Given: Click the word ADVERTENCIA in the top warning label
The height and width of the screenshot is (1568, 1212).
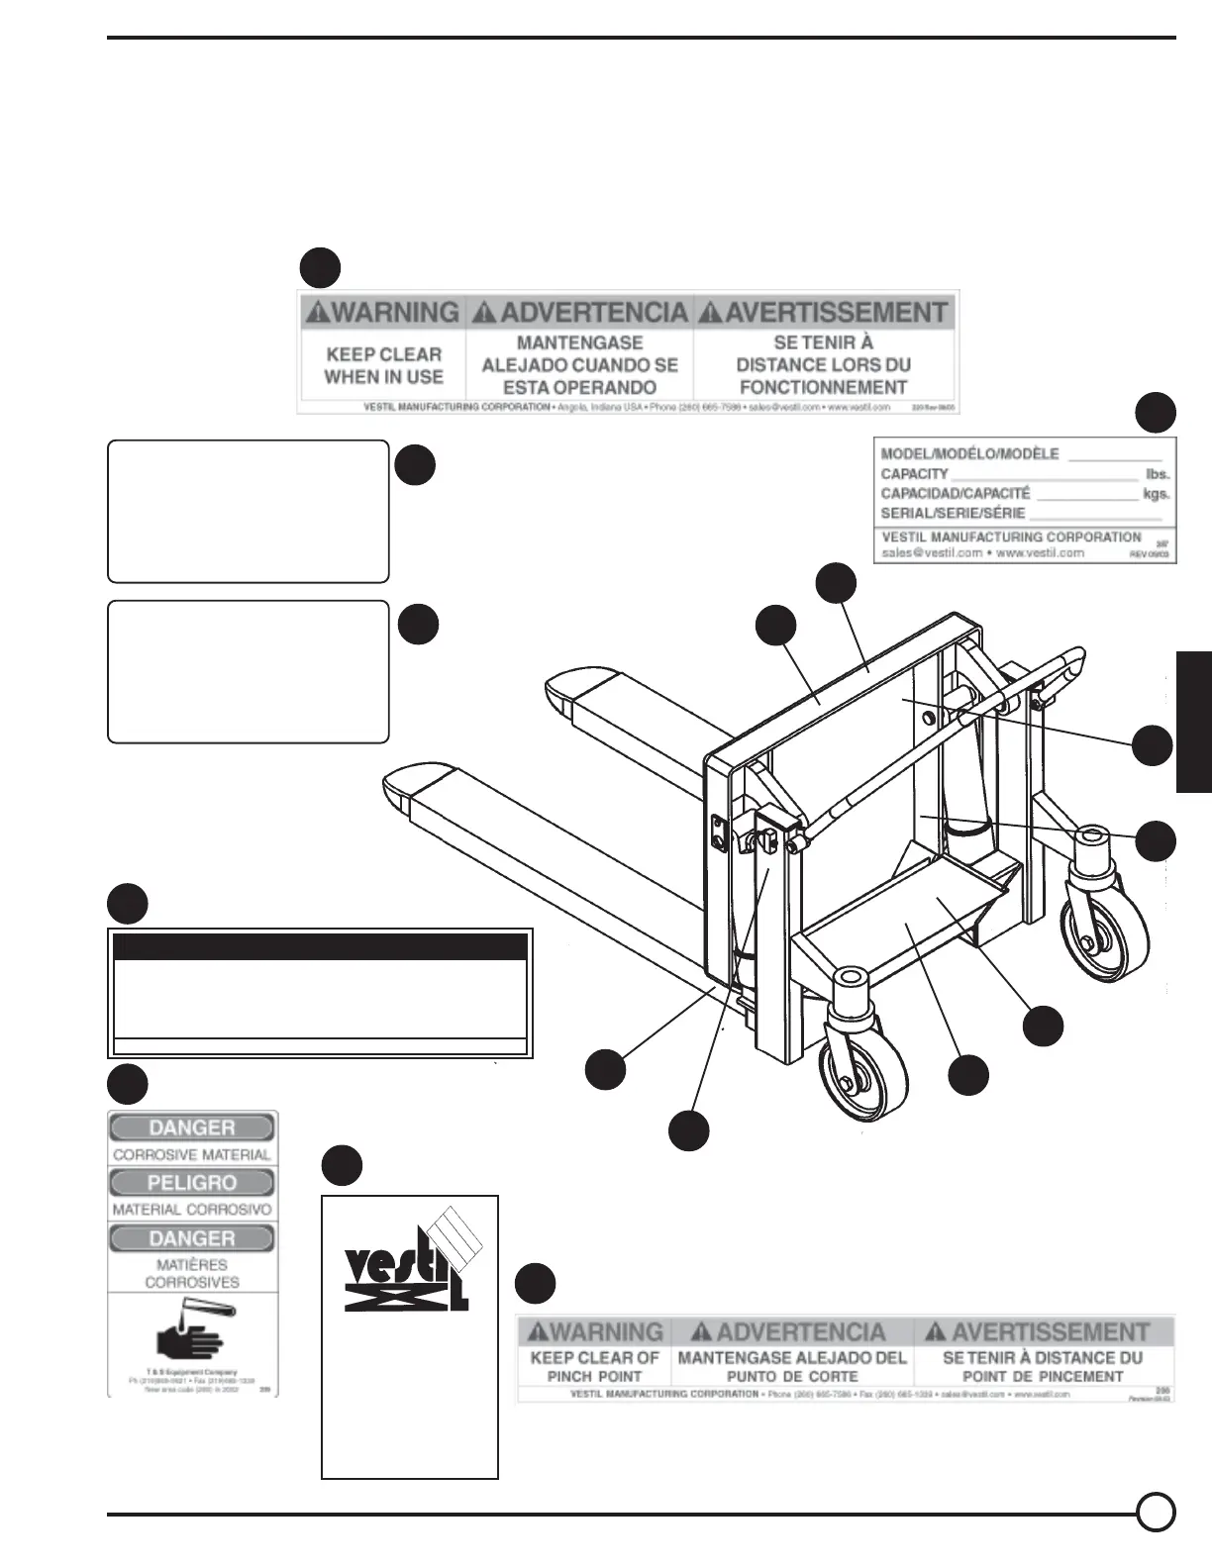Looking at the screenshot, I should click(x=581, y=313).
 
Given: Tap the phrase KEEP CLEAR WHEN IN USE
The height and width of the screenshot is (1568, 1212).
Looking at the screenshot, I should click(x=383, y=365).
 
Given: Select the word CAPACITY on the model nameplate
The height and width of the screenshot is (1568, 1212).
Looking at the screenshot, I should click(x=915, y=474).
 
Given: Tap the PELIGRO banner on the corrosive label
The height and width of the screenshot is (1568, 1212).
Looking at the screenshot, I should click(x=192, y=1183).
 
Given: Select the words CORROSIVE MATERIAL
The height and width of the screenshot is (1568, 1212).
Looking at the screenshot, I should click(x=192, y=1154).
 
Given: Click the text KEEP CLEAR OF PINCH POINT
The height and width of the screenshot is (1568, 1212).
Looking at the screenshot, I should click(x=594, y=1367).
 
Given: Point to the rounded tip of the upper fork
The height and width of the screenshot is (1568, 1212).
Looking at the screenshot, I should click(x=565, y=693).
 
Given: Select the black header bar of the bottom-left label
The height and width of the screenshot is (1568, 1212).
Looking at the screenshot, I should click(x=320, y=946).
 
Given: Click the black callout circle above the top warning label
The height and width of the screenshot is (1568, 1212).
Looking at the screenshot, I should click(x=321, y=268).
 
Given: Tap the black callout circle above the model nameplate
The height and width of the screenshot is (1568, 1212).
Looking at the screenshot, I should click(x=1156, y=413).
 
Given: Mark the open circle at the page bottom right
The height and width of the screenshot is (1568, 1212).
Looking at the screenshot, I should click(x=1156, y=1513).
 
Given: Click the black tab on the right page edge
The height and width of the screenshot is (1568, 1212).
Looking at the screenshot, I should click(x=1194, y=722).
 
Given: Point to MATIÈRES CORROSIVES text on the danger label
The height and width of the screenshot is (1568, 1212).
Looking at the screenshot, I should click(x=192, y=1273).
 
